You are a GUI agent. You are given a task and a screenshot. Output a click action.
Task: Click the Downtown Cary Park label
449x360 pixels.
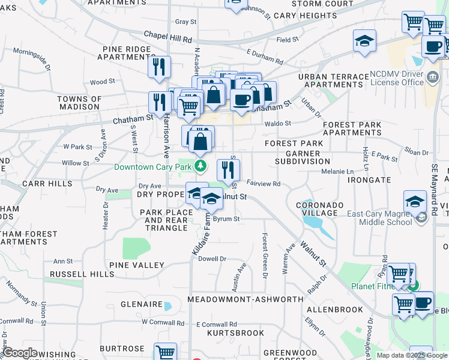[x=153, y=166]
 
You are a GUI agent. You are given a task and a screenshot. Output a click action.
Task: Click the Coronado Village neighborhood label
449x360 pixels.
[x=320, y=209]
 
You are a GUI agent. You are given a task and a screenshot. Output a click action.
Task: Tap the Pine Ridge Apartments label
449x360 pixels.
[x=130, y=53]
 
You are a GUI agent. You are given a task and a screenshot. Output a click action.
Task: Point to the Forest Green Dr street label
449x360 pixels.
[x=264, y=256]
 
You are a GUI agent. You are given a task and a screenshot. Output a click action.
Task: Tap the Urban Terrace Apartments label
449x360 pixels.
[x=333, y=80]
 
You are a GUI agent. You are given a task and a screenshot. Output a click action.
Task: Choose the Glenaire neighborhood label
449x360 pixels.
[x=141, y=304]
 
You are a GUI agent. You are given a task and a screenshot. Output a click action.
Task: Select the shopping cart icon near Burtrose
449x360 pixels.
[x=165, y=352]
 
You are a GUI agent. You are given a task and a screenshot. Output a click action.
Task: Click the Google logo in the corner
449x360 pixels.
[x=20, y=353]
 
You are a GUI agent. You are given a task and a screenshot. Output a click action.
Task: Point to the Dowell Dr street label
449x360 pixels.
[x=212, y=259]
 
